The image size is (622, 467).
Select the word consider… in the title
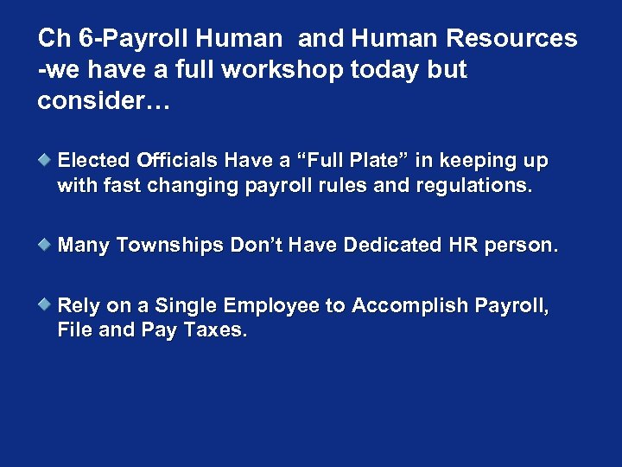point(104,101)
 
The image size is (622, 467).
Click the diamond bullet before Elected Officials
point(48,160)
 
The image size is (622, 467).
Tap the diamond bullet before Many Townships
point(48,245)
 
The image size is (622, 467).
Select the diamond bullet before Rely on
point(48,304)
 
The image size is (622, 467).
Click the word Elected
point(93,161)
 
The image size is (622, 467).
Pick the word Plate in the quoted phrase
point(376,161)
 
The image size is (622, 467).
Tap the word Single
point(187,305)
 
